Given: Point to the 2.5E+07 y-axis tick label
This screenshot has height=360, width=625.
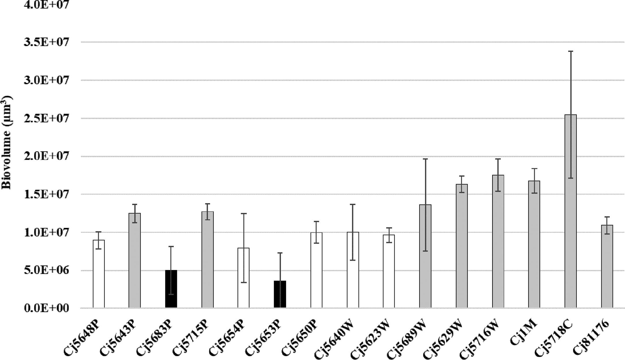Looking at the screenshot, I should (46, 118).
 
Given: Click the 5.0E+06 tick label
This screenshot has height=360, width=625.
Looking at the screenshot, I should (46, 271).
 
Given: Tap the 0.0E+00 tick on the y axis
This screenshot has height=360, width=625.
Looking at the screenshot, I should (46, 308).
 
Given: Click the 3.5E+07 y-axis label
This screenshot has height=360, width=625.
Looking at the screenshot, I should (46, 42).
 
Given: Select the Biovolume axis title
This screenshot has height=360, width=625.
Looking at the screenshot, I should (6, 143).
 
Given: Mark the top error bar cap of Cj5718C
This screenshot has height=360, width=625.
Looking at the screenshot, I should (570, 51).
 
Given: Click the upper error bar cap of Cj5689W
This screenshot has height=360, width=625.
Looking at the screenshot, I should (425, 159).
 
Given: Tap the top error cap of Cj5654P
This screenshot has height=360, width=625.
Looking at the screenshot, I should (244, 213).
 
